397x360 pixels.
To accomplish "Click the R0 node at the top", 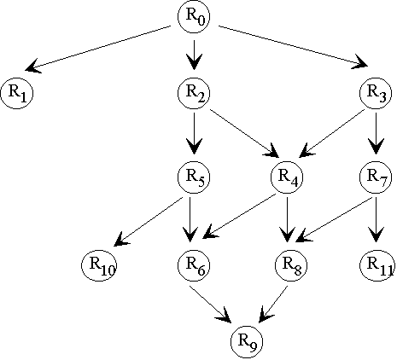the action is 194,16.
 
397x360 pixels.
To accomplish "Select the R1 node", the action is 17,93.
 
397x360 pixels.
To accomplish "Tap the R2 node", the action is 194,93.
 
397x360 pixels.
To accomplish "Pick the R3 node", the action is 376,93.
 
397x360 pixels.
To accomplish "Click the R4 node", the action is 287,177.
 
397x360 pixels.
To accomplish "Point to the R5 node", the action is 194,177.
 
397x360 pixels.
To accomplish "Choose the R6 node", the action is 194,265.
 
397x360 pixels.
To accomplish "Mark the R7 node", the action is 376,177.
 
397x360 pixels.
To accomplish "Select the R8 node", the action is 291,265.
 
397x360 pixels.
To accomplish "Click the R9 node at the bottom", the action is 247,341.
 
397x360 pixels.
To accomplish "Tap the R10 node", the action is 99,265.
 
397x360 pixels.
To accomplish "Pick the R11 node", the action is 377,265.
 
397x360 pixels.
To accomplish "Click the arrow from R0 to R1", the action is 98,49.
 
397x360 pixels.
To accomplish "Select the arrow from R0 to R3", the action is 294,47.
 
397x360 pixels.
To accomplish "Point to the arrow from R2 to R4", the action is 244,133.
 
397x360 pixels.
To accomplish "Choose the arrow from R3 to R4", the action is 331,133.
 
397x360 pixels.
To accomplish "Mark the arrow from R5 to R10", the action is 148,221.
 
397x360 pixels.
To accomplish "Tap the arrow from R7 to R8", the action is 334,219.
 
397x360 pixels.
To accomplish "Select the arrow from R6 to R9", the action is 210,304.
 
